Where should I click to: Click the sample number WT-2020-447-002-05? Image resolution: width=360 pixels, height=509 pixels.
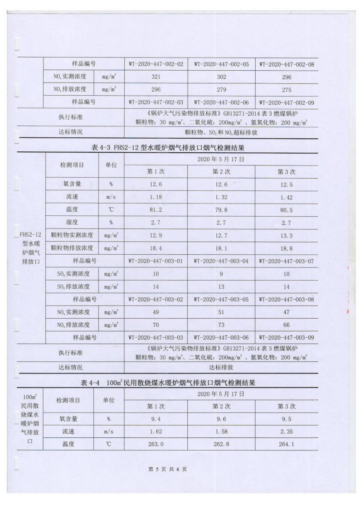[221, 64]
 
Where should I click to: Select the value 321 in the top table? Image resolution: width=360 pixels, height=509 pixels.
[156, 77]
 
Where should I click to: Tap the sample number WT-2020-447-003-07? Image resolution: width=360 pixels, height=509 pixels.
[287, 261]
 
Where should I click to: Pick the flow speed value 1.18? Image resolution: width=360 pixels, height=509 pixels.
[156, 198]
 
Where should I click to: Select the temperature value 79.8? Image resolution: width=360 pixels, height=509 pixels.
[221, 210]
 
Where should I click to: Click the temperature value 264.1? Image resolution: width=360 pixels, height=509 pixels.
[287, 444]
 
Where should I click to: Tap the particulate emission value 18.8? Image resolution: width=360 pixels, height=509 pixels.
[287, 248]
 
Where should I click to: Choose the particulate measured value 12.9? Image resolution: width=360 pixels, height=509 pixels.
[156, 236]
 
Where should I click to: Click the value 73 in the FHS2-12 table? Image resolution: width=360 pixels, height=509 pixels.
[221, 325]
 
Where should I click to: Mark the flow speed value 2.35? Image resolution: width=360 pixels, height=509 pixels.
[287, 431]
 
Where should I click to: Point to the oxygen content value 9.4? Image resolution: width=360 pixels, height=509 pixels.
[156, 419]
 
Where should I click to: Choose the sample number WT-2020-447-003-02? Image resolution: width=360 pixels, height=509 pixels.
[156, 299]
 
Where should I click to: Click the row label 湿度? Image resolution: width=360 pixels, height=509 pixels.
[73, 223]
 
